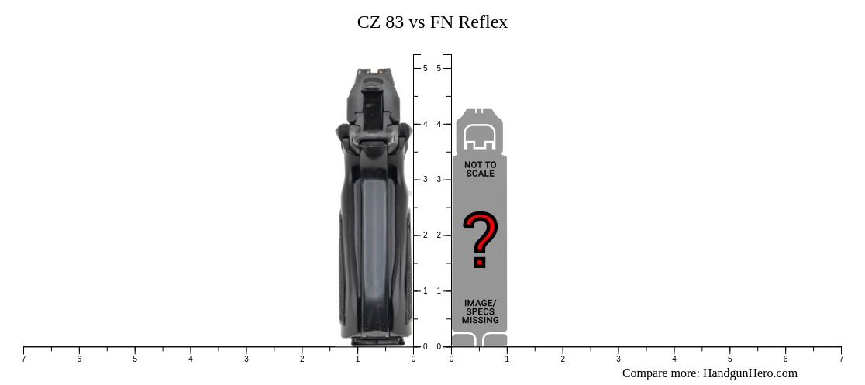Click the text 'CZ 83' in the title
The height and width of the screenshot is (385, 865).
pos(380,22)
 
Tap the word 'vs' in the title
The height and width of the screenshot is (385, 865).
pos(417,22)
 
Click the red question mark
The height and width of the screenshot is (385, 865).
pos(480,239)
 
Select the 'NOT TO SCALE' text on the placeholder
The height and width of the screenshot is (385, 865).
pos(480,169)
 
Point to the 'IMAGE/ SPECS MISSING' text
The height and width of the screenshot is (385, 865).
pos(480,311)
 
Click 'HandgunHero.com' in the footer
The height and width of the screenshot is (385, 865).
pos(750,373)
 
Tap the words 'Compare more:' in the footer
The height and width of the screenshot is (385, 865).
pos(660,373)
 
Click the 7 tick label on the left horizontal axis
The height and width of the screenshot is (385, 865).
pos(23,359)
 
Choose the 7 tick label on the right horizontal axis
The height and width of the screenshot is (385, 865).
pos(841,359)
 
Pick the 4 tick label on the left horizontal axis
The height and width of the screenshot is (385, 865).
pos(191,359)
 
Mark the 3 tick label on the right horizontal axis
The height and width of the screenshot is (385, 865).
pos(619,359)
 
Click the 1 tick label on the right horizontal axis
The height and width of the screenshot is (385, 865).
pos(507,359)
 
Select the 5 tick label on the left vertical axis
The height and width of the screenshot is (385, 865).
pos(425,68)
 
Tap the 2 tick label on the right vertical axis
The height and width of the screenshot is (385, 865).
pos(439,235)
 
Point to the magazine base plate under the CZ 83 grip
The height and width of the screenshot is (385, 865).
pos(377,341)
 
